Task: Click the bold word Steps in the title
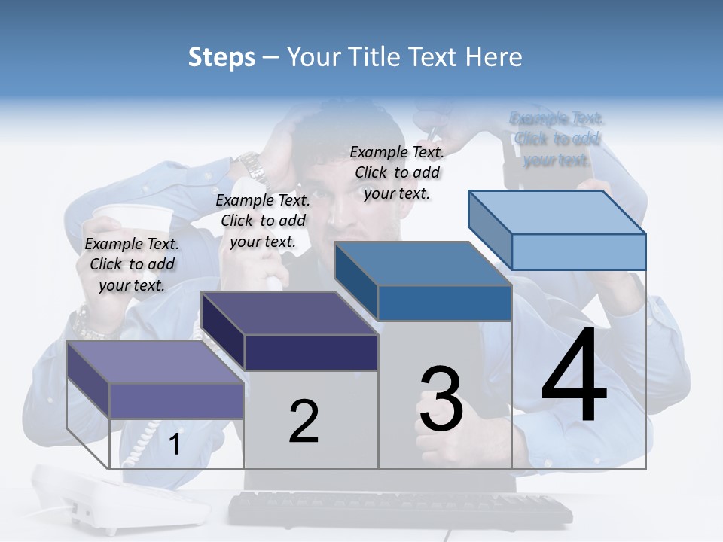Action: (221, 58)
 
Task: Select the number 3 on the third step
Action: (441, 400)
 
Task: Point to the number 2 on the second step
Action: (304, 422)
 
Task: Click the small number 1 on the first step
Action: (175, 445)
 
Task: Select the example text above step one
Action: (132, 264)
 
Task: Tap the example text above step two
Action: (263, 221)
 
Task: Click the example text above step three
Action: (397, 172)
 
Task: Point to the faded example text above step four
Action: (557, 139)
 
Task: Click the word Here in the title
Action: (494, 58)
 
